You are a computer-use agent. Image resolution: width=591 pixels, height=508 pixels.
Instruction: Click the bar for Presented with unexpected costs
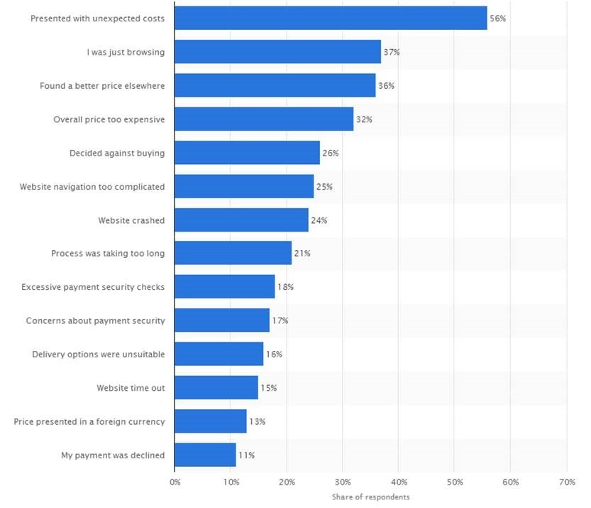331,18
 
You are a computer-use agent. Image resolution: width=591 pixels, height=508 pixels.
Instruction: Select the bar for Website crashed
241,220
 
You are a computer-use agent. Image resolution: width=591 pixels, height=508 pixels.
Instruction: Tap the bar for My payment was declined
205,455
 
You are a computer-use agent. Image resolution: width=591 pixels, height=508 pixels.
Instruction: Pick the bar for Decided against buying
247,153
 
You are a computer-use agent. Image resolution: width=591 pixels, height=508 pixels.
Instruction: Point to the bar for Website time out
216,388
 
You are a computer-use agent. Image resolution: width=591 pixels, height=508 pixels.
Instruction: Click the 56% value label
498,18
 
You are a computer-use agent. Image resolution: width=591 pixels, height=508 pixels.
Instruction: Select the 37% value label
392,52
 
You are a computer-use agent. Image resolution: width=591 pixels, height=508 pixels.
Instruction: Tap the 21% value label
302,254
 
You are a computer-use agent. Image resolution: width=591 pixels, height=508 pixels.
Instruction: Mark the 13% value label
258,421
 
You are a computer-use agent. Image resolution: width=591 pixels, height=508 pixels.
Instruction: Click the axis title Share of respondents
370,497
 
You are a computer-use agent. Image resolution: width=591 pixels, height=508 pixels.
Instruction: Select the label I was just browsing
126,52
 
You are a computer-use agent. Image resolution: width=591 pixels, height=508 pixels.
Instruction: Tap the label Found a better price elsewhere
102,86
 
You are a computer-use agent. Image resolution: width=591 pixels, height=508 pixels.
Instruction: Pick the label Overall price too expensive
109,119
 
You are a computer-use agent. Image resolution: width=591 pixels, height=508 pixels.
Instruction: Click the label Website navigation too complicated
92,187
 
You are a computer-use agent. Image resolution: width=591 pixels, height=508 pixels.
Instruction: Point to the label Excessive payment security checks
93,287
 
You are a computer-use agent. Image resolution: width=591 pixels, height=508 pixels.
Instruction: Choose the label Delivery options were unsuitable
99,354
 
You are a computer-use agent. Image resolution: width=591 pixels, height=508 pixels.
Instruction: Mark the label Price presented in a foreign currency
89,421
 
